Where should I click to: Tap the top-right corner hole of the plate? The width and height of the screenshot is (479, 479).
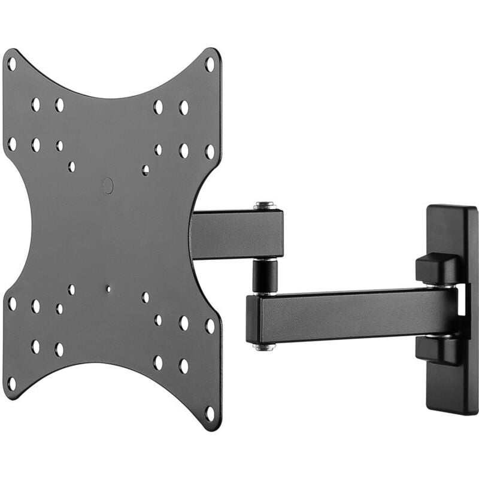click(209, 62)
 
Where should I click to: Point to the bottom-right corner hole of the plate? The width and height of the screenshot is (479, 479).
click(209, 413)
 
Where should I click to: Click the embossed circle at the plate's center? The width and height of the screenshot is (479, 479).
click(108, 186)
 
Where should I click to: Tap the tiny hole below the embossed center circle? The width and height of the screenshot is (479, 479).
click(108, 289)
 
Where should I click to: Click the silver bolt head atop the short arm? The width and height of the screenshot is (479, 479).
click(265, 205)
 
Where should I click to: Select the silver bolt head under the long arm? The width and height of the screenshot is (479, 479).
click(264, 347)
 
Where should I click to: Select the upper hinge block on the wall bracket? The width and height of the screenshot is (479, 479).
click(438, 268)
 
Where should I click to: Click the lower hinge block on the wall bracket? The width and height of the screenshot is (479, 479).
click(438, 350)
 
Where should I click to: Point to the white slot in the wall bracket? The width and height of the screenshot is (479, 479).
click(461, 302)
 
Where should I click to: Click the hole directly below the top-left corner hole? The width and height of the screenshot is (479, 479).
click(11, 144)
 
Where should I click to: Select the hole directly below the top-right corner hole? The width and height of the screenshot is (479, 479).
click(209, 151)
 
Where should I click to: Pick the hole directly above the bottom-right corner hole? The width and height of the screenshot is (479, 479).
click(209, 326)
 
